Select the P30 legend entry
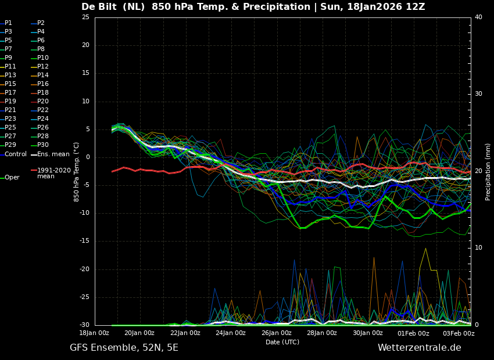pyautogui.click(x=43, y=145)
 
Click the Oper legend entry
pyautogui.click(x=12, y=178)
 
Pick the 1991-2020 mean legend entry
pyautogui.click(x=53, y=173)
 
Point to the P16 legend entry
pyautogui.click(x=43, y=84)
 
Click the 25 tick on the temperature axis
pyautogui.click(x=85, y=17)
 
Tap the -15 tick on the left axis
pyautogui.click(x=84, y=241)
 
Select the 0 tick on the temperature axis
pyautogui.click(x=87, y=157)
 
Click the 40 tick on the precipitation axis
pyautogui.click(x=478, y=17)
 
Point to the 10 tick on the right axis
pyautogui.click(x=478, y=248)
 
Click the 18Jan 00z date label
pyautogui.click(x=94, y=333)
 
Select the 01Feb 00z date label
pyautogui.click(x=413, y=333)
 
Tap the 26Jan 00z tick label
pyautogui.click(x=277, y=333)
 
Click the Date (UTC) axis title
pyautogui.click(x=282, y=342)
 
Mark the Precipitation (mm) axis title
pyautogui.click(x=488, y=171)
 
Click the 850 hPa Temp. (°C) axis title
pyautogui.click(x=77, y=171)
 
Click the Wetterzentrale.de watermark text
pyautogui.click(x=419, y=348)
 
